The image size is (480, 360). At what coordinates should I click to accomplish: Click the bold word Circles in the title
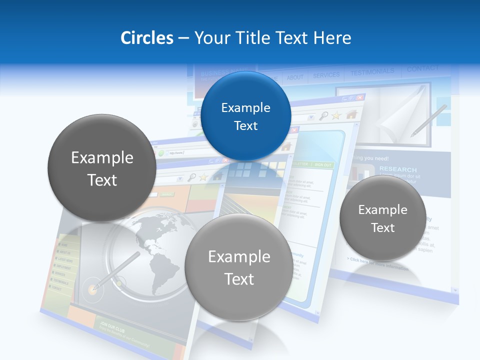pos(147,38)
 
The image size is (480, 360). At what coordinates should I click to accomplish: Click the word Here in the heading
pos(332,38)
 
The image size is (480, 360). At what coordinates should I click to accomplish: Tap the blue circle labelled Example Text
pos(245,116)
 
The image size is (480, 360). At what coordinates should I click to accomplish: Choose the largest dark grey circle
pos(102,168)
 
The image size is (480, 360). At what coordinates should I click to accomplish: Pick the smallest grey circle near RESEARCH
pos(382,218)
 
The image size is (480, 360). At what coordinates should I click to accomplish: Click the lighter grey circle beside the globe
pos(239,267)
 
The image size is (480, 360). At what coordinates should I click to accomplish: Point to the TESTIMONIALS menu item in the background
pos(372,72)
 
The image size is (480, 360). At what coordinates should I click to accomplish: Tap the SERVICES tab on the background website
pos(326,75)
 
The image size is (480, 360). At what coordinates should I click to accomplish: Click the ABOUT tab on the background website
pos(295,77)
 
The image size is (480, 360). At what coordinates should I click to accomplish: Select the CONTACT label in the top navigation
pos(422,68)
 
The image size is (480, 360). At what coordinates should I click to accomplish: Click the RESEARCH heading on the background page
pos(397,169)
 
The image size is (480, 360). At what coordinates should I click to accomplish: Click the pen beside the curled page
pos(428,120)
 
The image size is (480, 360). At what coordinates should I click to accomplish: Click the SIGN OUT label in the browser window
pos(322,164)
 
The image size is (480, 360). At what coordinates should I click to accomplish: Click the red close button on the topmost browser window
pos(360,97)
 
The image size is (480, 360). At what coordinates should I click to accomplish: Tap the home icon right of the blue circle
pos(351,114)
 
